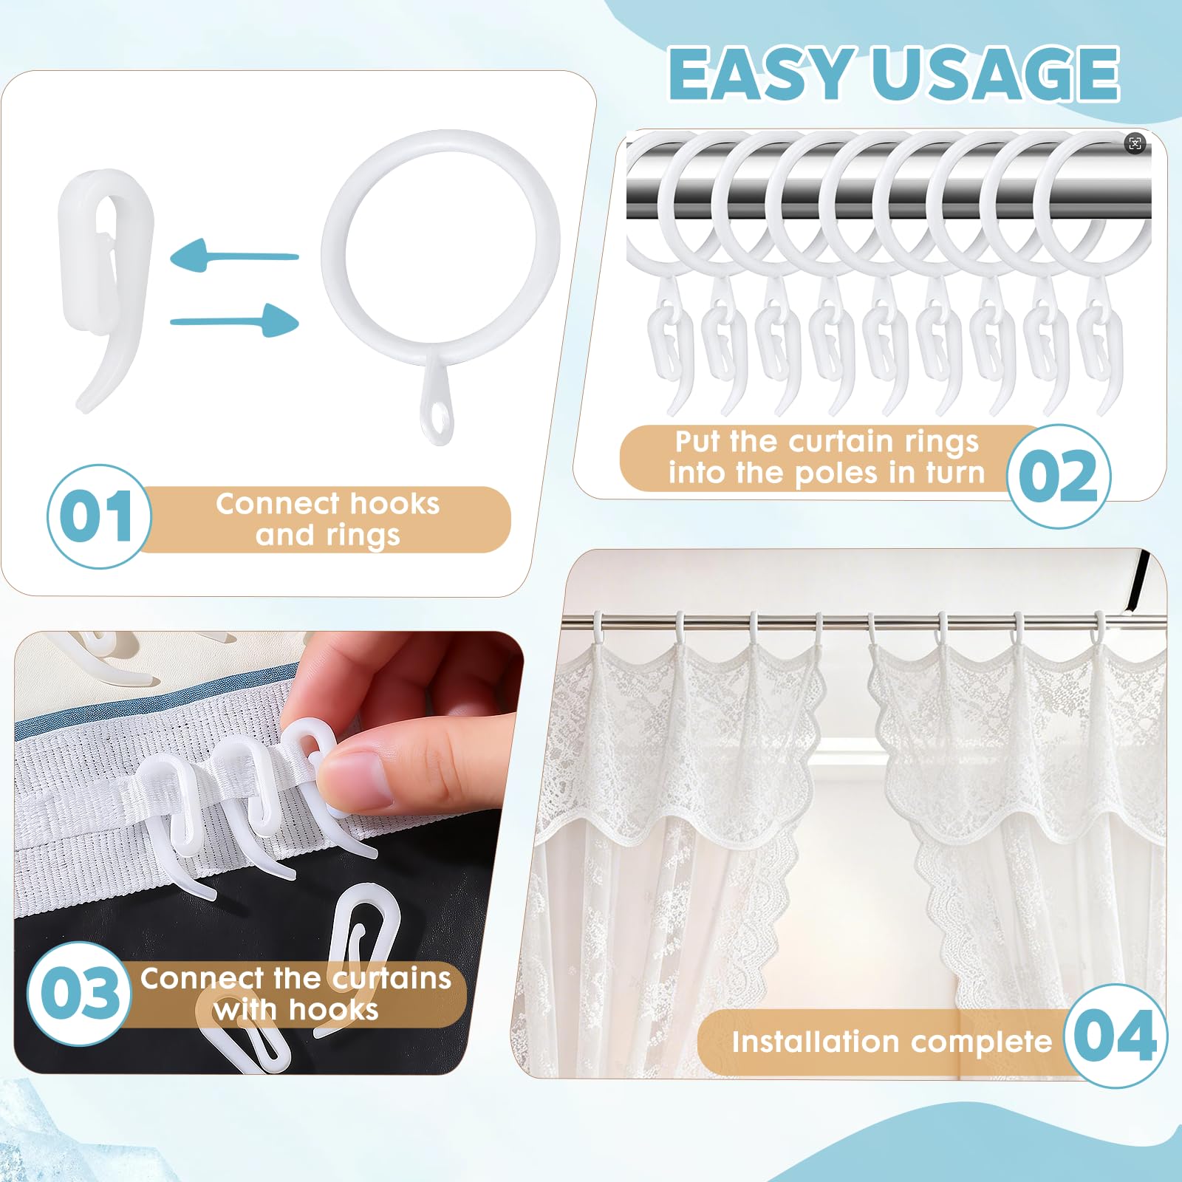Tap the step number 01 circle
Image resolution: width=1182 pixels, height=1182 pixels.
point(99,516)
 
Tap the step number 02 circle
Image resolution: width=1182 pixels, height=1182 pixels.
point(1059,476)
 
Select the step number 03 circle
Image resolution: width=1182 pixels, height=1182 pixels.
point(79,993)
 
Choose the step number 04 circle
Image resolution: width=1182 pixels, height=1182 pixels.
point(1116,1036)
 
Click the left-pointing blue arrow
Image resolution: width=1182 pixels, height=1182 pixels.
point(234,256)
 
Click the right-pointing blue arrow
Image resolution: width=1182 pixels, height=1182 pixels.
point(234,321)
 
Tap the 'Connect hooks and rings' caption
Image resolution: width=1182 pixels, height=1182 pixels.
point(327,519)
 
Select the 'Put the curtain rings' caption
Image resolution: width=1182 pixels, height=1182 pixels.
point(827,442)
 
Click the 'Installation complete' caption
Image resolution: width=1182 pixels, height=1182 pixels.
point(892,1042)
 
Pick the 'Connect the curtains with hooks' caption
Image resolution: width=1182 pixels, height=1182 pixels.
point(295,994)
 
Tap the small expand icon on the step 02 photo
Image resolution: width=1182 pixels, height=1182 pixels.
point(1135,143)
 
